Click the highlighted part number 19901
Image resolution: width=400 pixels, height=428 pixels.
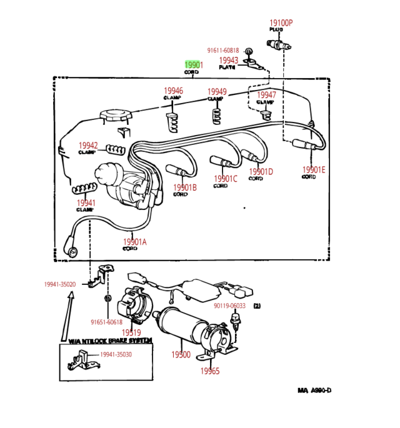194,65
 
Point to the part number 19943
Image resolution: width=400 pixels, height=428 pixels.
228,60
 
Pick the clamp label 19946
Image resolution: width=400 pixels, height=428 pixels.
173,91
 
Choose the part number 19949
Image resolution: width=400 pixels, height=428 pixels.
216,92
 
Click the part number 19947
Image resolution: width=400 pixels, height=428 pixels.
266,95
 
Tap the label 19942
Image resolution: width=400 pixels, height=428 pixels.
88,146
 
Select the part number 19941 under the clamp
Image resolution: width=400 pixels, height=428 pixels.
86,203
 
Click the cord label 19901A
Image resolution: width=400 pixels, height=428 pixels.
134,242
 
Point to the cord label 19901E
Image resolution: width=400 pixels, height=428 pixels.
314,169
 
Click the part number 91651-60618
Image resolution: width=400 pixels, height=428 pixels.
106,322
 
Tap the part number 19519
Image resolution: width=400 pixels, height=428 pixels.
131,332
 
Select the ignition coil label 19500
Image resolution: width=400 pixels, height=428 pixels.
181,355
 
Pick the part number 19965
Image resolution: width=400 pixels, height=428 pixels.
210,371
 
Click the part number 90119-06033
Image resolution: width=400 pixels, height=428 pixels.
229,306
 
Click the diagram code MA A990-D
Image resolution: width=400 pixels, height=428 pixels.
314,391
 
